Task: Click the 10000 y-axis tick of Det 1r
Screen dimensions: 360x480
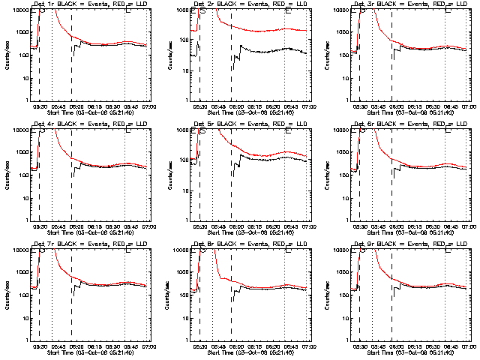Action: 19,10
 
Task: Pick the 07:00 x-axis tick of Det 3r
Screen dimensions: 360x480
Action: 469,106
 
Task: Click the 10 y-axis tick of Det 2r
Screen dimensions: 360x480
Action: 184,78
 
